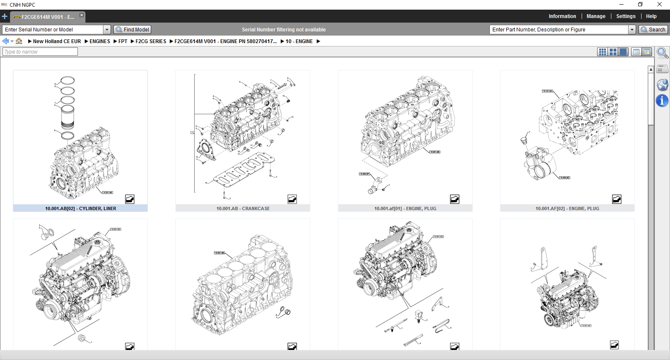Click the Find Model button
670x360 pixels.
click(x=132, y=30)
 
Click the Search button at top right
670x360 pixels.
click(x=653, y=30)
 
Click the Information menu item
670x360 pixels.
click(x=562, y=16)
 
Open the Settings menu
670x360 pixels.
click(x=626, y=16)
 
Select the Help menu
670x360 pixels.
click(x=651, y=16)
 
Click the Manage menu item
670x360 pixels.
click(x=595, y=16)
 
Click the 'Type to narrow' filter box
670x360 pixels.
click(x=40, y=52)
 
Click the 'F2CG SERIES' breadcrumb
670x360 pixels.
click(x=151, y=41)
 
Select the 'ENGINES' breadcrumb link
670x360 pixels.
click(x=100, y=41)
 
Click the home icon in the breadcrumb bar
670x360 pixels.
click(x=19, y=41)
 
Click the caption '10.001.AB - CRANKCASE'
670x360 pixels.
click(x=243, y=208)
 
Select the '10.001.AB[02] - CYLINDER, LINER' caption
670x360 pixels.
click(x=80, y=208)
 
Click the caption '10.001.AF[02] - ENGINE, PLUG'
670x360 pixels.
click(x=567, y=208)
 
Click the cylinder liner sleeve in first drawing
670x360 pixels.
click(x=68, y=117)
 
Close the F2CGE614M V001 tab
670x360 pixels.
click(x=82, y=15)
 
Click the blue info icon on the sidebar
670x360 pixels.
click(x=662, y=100)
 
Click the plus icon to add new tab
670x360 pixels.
click(x=5, y=17)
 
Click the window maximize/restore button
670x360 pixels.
click(x=640, y=5)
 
